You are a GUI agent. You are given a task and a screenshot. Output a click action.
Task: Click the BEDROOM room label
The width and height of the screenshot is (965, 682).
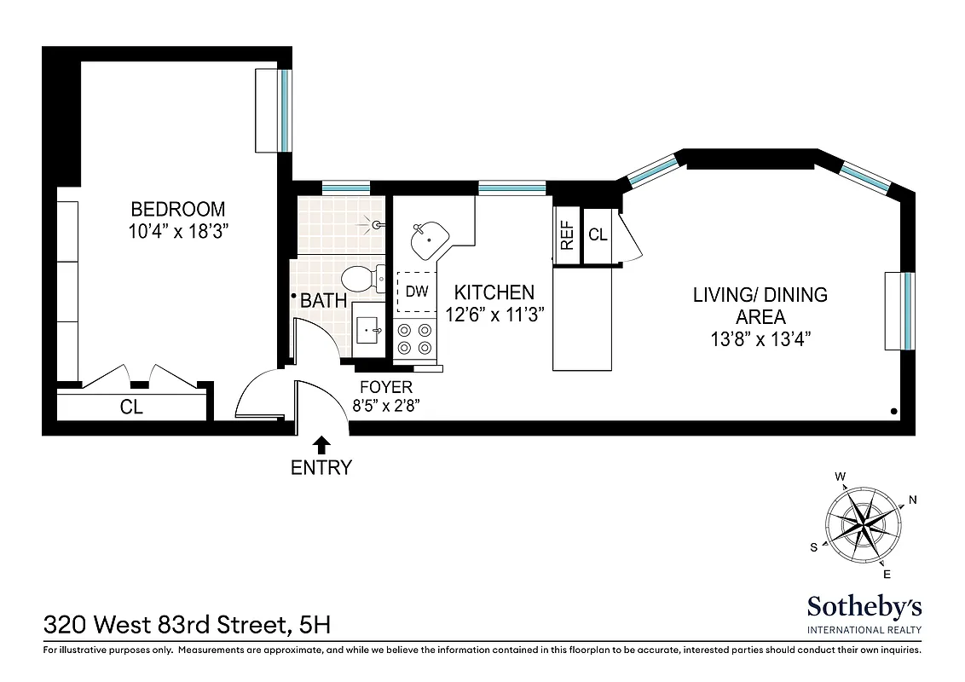tap(177, 209)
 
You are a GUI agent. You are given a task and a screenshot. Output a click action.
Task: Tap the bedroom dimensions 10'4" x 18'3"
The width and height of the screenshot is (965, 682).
tap(177, 230)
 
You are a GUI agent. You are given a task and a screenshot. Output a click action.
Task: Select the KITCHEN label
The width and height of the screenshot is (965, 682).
tap(494, 292)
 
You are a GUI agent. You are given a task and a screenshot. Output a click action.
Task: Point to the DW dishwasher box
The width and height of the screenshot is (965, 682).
tap(416, 292)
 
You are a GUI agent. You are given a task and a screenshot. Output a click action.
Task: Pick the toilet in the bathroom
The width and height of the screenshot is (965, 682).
tap(358, 278)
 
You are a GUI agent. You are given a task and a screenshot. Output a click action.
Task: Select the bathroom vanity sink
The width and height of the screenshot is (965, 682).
tap(370, 329)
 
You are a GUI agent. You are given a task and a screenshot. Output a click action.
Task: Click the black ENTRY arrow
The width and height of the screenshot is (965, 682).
tap(321, 444)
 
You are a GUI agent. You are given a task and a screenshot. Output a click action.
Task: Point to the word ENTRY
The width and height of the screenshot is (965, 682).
tap(321, 467)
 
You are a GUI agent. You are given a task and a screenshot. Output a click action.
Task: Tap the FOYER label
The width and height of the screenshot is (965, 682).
tap(386, 387)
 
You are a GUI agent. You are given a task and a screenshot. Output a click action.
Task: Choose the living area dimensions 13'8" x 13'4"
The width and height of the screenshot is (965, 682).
tap(759, 338)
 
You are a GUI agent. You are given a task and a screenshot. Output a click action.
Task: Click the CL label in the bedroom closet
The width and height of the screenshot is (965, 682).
tap(131, 407)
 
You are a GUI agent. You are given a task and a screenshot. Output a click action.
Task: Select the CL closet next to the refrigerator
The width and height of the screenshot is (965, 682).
tap(598, 234)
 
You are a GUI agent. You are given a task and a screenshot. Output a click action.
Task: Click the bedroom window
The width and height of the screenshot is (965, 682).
tap(286, 111)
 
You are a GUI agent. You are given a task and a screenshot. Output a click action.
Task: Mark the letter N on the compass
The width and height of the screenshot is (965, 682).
tap(913, 500)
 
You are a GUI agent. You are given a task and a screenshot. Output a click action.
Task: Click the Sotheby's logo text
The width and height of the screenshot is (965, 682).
tap(864, 607)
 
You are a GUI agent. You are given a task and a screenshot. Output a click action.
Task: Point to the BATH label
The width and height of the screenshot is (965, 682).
tap(324, 300)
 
